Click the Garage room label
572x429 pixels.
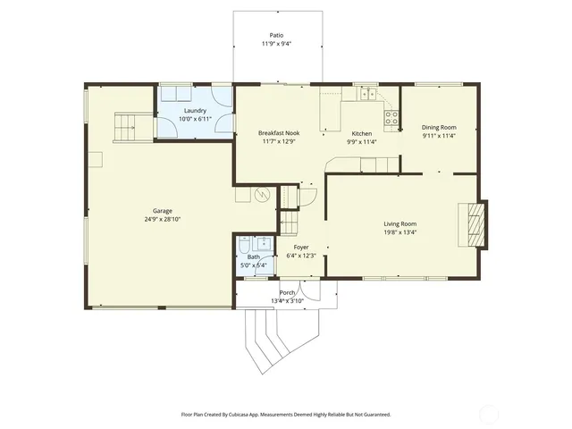point(162,211)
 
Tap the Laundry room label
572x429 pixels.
point(195,111)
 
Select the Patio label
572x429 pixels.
point(277,35)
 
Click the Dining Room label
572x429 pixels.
point(438,127)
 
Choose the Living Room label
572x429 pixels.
point(400,223)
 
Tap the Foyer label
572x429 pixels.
point(301,247)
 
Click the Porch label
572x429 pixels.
point(287,292)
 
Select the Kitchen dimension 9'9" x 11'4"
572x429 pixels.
point(361,141)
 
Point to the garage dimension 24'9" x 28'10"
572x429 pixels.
point(162,220)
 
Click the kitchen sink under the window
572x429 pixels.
point(366,92)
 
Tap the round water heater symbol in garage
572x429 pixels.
point(262,194)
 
